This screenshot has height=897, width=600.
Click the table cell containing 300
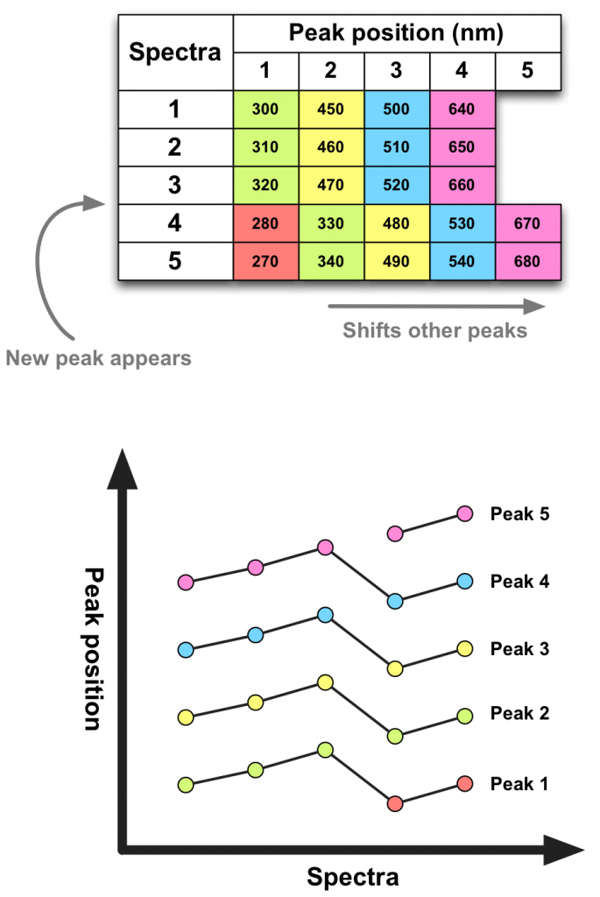point(265,109)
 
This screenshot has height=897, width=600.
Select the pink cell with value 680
point(527,262)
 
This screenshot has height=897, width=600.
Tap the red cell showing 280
point(265,224)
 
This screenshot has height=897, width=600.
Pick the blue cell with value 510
point(397,147)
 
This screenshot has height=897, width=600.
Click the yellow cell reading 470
point(331,186)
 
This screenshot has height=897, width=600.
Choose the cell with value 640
point(462,109)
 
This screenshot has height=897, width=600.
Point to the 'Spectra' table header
point(175,52)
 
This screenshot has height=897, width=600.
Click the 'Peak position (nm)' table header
point(397,34)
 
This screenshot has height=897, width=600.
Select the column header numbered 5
point(527,71)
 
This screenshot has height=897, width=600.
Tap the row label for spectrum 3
point(175,186)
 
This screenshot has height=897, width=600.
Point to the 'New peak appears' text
point(98,357)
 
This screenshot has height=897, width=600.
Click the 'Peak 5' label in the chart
point(519,514)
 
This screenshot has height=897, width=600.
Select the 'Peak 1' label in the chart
point(519,783)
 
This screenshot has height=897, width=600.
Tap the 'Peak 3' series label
point(519,649)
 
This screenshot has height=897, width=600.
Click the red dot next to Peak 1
point(465,783)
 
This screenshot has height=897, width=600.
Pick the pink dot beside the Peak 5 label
point(465,514)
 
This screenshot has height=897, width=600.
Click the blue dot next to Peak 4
point(465,581)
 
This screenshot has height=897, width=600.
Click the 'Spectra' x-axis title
point(353,877)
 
